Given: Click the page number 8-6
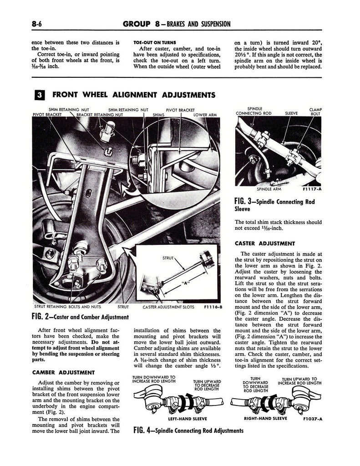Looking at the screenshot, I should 40,24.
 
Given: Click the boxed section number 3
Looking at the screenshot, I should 40,95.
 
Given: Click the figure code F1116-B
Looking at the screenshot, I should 213,307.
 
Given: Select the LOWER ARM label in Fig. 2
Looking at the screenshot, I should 205,115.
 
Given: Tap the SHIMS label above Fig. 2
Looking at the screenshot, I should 158,115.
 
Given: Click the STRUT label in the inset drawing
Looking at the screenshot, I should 168,258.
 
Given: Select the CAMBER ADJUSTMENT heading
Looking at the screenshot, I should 63,372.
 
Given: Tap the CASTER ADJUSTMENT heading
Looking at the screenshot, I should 265,243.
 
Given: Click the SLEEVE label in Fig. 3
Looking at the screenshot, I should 291,113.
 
